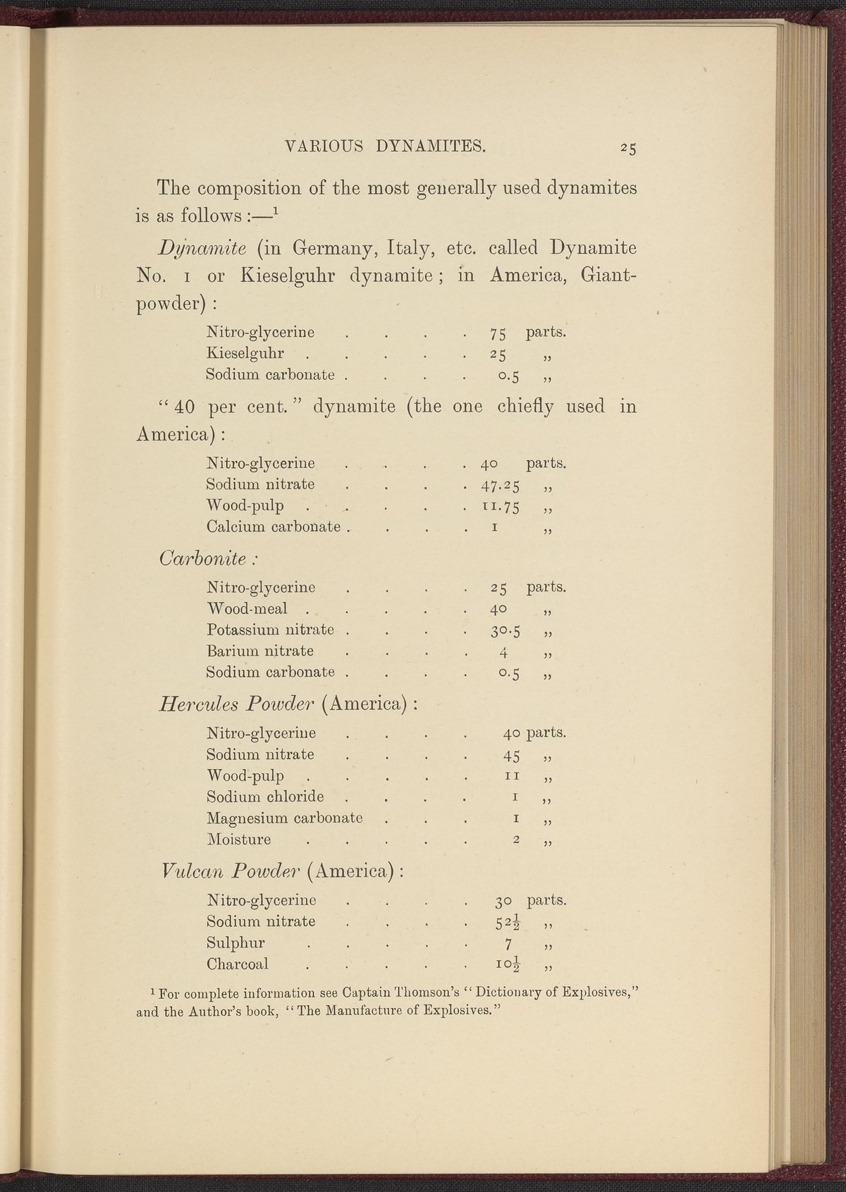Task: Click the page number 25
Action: (629, 148)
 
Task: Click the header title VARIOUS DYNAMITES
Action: (385, 147)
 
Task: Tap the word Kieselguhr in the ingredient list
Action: (245, 353)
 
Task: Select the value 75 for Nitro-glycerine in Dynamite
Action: (498, 333)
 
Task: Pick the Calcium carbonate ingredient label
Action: (274, 527)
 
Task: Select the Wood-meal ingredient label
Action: (247, 608)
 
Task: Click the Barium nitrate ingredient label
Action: (260, 651)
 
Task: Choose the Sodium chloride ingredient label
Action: (265, 797)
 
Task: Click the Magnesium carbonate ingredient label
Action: (284, 818)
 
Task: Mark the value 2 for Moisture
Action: (517, 840)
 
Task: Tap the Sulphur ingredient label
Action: (235, 943)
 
